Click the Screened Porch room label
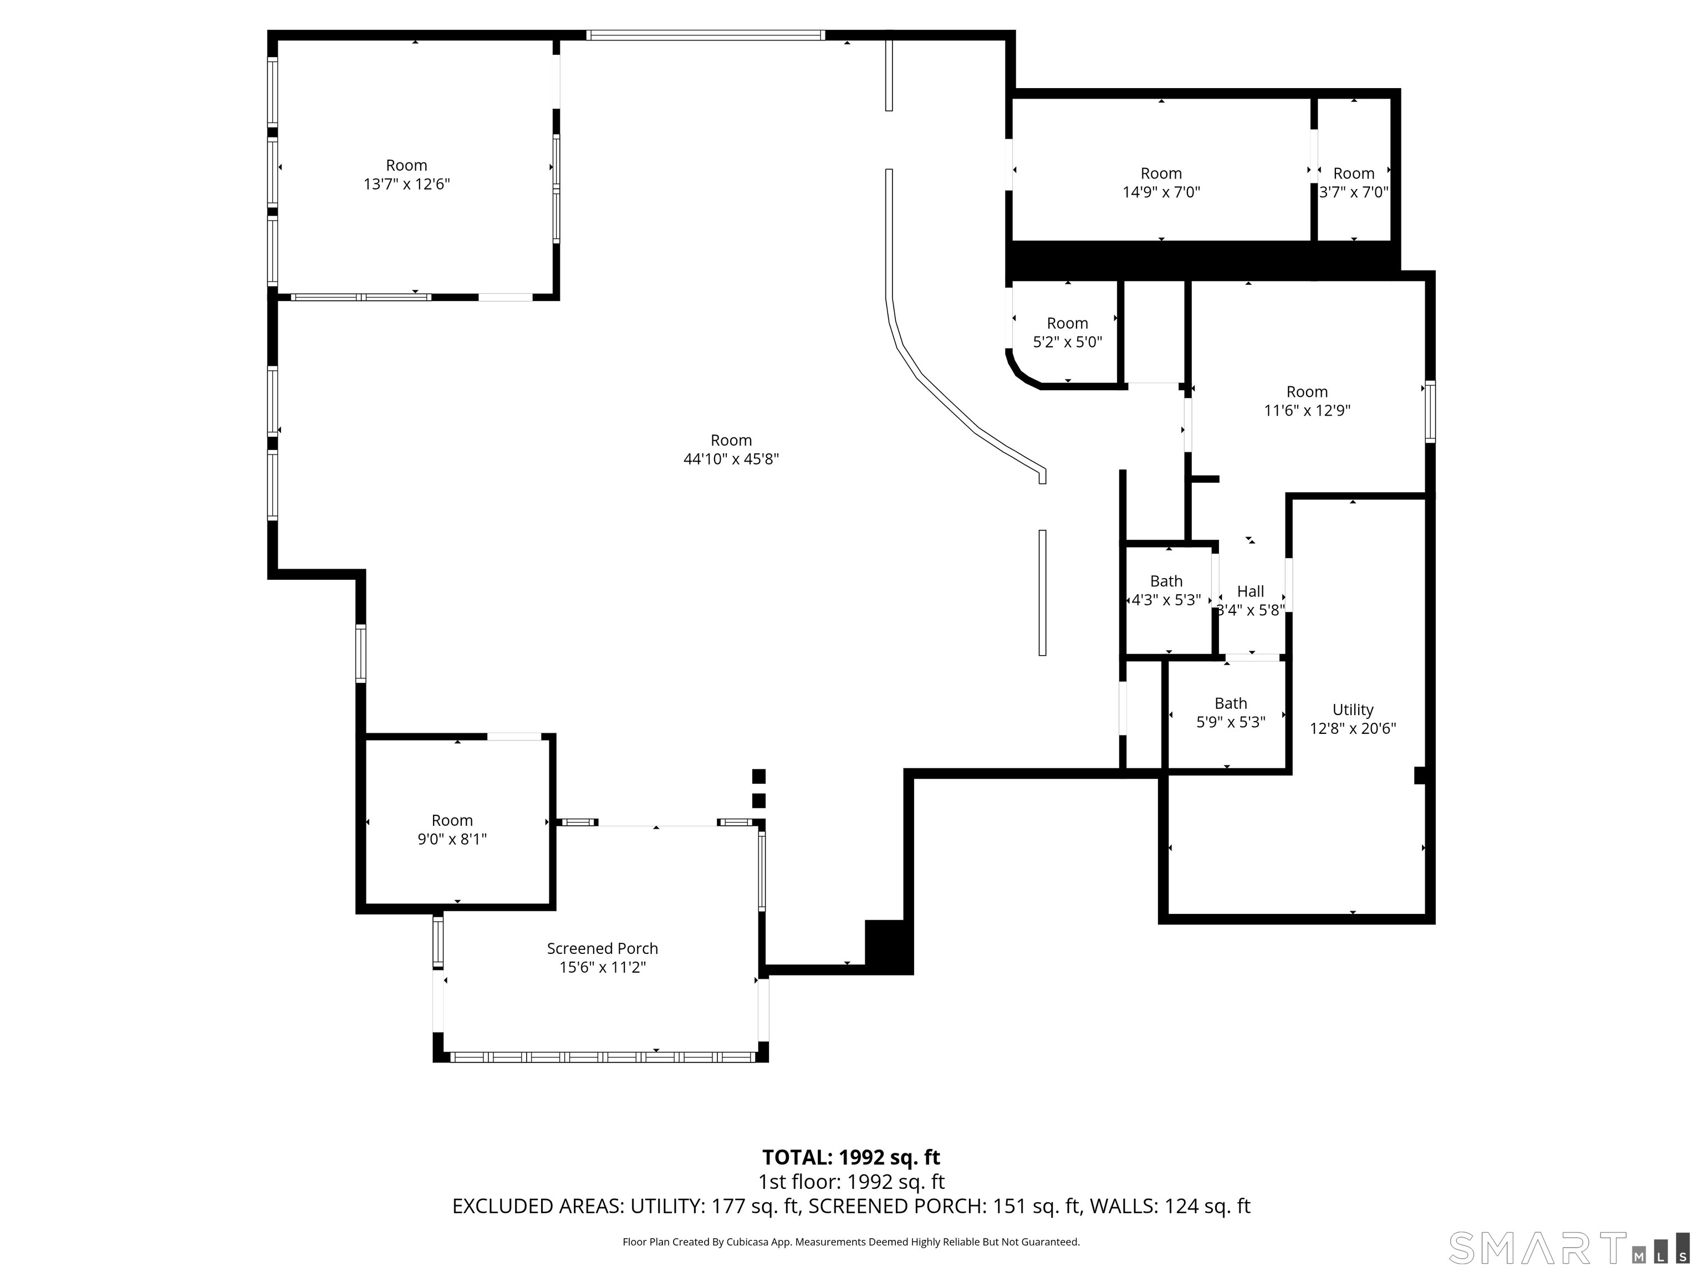tap(602, 948)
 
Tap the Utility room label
tap(1353, 709)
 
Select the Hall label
tap(1250, 591)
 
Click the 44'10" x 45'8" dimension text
tap(731, 459)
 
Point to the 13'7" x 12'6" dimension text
tap(406, 185)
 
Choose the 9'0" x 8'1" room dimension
tap(452, 840)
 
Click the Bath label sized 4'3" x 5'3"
tap(1166, 581)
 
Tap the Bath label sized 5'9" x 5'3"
tap(1230, 703)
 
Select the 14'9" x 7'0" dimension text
tap(1161, 192)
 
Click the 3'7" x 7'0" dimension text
tap(1353, 192)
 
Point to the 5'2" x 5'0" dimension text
tap(1067, 343)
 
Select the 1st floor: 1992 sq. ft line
tap(851, 1182)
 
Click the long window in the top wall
tap(705, 34)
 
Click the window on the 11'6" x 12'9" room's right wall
tap(1430, 412)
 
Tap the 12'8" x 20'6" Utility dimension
tap(1353, 729)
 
